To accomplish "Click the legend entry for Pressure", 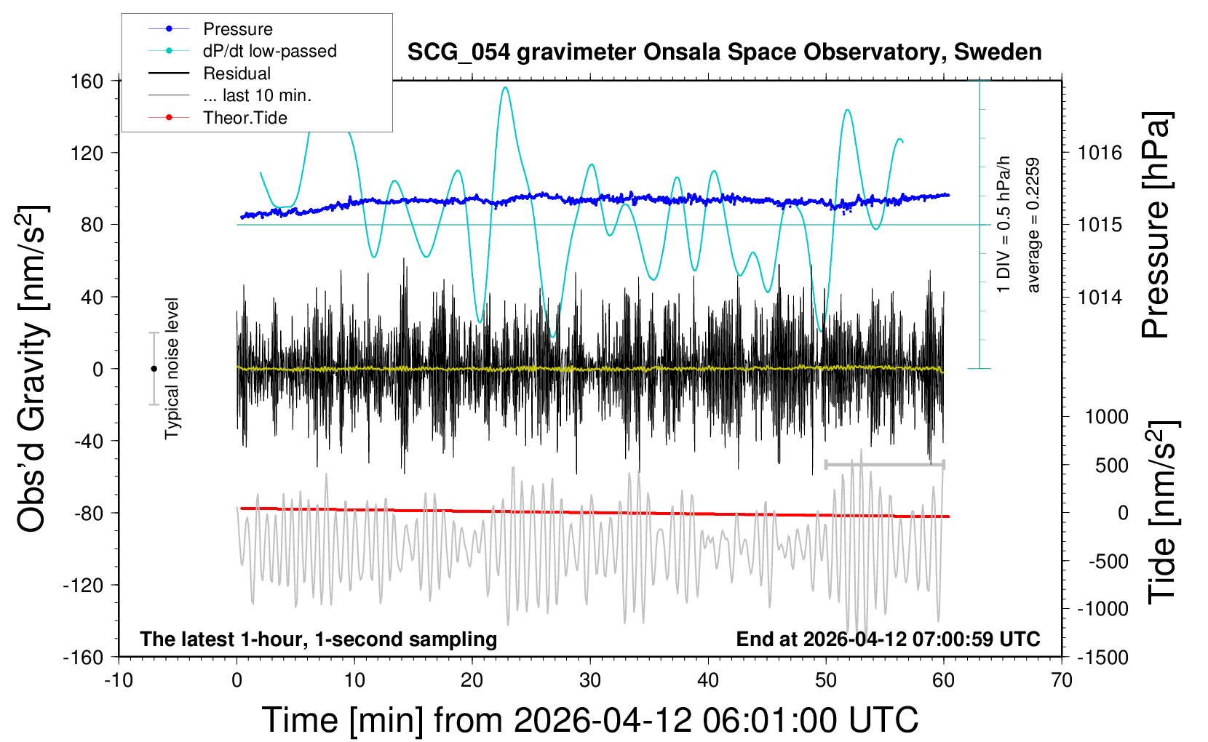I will click(237, 29).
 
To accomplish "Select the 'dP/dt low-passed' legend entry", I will click(269, 51).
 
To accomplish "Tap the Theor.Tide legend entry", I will click(245, 118).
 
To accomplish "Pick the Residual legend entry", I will click(237, 73).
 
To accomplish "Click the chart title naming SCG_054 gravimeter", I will click(724, 52).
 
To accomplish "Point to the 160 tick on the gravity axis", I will click(87, 81).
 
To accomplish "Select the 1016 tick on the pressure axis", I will click(1100, 153).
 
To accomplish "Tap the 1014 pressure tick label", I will click(1100, 297).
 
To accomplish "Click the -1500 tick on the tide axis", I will click(1102, 657).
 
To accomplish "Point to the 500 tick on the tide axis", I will click(1111, 465).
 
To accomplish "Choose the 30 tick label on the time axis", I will click(590, 680).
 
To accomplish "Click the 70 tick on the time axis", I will click(1062, 680).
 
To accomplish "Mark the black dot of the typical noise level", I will click(154, 369).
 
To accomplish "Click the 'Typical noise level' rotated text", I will click(172, 369).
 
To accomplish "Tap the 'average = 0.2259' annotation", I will click(1033, 226).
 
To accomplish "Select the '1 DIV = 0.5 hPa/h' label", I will click(1004, 224).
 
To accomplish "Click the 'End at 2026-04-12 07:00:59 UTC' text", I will click(888, 639).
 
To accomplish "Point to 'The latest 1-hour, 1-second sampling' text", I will click(319, 639).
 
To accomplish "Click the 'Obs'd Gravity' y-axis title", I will click(32, 369).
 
